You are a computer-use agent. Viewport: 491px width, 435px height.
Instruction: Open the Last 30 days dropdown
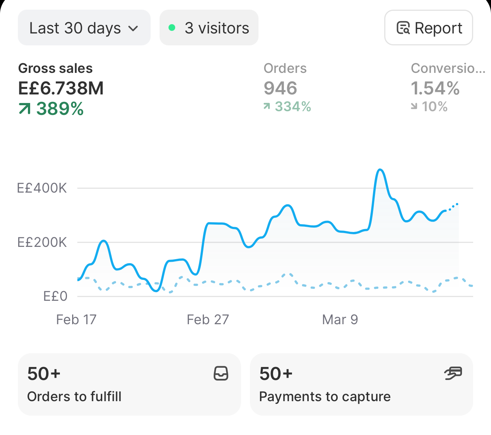pos(84,28)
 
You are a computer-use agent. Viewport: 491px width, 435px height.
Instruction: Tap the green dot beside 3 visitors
pos(172,28)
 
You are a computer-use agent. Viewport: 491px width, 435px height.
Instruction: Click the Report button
pos(429,28)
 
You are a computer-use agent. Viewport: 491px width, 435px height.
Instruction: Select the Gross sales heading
pos(55,68)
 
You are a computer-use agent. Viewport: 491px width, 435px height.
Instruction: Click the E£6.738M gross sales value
pos(61,88)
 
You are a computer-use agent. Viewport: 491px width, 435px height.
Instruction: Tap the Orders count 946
pos(280,88)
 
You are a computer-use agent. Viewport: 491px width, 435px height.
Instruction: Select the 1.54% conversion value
pos(435,88)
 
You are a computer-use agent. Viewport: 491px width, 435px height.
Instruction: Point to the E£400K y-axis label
pos(42,188)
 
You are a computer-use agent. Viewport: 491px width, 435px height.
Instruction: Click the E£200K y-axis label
pos(42,242)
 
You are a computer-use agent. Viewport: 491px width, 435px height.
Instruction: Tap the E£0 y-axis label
pos(55,296)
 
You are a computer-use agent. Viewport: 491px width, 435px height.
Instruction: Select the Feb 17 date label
pos(76,319)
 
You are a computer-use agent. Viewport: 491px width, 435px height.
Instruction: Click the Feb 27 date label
pos(208,319)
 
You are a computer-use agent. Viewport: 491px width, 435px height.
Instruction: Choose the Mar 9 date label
pos(340,319)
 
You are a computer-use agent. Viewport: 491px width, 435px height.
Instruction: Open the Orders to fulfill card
pos(129,384)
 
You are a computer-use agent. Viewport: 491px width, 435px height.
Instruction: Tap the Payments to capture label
pos(325,396)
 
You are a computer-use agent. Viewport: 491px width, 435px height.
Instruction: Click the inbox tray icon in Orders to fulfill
pos(221,373)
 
